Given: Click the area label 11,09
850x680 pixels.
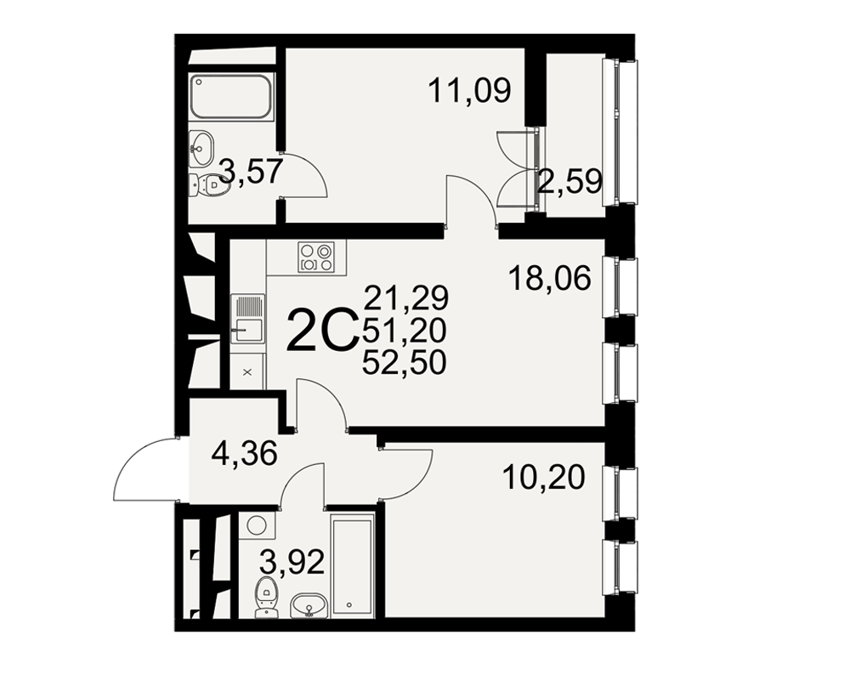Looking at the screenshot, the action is (x=469, y=90).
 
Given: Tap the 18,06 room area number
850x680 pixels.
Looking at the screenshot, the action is (x=550, y=279).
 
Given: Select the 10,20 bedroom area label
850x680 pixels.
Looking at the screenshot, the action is (x=544, y=478).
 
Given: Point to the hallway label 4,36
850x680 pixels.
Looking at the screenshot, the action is (x=245, y=453).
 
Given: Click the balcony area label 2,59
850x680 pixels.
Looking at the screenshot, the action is (x=569, y=182).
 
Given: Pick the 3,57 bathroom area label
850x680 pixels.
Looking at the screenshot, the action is (x=251, y=171).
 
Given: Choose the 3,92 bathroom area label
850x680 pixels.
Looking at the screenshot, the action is (x=292, y=562).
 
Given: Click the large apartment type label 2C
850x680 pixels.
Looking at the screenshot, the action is (x=322, y=331).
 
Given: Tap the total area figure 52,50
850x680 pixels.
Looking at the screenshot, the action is (x=405, y=362).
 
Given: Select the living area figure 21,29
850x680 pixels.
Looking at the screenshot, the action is (x=406, y=297).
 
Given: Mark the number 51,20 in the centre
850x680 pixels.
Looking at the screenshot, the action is (x=405, y=330).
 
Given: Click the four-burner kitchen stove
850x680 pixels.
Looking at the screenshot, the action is (x=315, y=257).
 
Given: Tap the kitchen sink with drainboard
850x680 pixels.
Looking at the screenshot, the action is (x=247, y=319).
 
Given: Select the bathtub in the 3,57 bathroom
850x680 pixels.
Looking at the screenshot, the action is (x=231, y=97).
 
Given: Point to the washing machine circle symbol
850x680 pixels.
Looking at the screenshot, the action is (x=257, y=525).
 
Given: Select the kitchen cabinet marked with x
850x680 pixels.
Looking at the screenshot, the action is (x=247, y=372).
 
